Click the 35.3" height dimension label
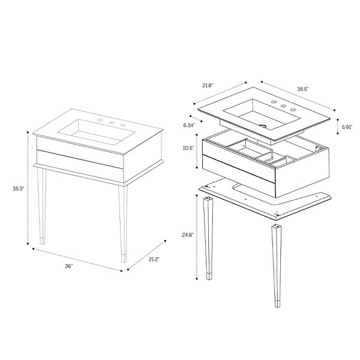tap(18, 189)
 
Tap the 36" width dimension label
tap(68, 266)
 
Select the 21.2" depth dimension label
tap(154, 259)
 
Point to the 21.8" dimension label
tap(208, 86)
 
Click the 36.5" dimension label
tap(303, 89)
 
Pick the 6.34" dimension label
tap(189, 125)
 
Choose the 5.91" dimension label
tap(347, 127)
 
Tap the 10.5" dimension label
tap(188, 148)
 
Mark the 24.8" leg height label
tap(188, 235)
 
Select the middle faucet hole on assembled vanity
tap(112, 122)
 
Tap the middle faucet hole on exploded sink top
tap(284, 106)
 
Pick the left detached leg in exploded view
tap(208, 238)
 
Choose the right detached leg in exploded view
tap(276, 266)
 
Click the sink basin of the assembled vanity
tap(96, 132)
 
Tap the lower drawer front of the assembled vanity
tap(80, 163)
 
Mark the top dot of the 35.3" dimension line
tap(28, 132)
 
